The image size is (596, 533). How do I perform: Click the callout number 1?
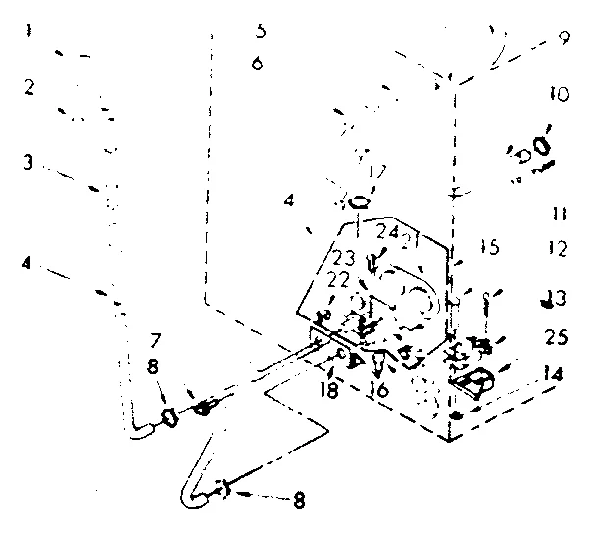30,30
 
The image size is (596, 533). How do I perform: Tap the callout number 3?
30,161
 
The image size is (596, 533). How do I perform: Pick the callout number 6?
257,62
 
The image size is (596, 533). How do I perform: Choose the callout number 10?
558,95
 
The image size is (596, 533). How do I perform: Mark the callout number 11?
558,213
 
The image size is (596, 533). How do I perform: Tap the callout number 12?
558,249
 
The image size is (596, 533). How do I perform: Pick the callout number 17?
375,171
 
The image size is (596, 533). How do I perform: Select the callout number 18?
331,390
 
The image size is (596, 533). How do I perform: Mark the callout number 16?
376,390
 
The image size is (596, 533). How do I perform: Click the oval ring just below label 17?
360,204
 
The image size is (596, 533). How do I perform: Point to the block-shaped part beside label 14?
474,383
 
